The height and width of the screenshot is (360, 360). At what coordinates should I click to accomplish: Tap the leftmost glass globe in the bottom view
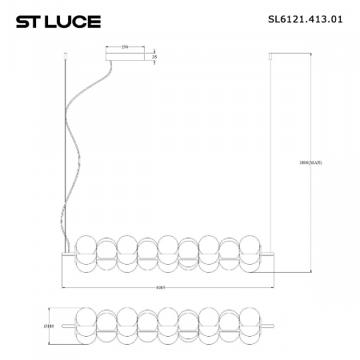point(86,326)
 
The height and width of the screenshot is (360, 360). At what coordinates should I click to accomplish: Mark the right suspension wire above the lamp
point(274,160)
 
